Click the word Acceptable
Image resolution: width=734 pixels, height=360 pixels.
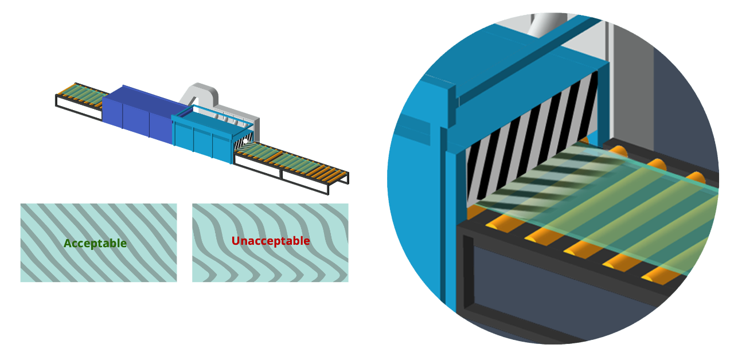[x=95, y=243]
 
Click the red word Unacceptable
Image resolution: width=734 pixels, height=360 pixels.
[x=271, y=241]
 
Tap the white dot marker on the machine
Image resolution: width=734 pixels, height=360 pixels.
[x=245, y=140]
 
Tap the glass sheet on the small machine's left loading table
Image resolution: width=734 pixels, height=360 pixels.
[x=77, y=94]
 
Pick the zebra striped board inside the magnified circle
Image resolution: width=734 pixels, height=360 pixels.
[x=516, y=143]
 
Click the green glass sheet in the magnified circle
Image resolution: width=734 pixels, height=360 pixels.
[x=602, y=195]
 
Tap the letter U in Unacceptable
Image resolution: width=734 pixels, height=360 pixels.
[x=236, y=241]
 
